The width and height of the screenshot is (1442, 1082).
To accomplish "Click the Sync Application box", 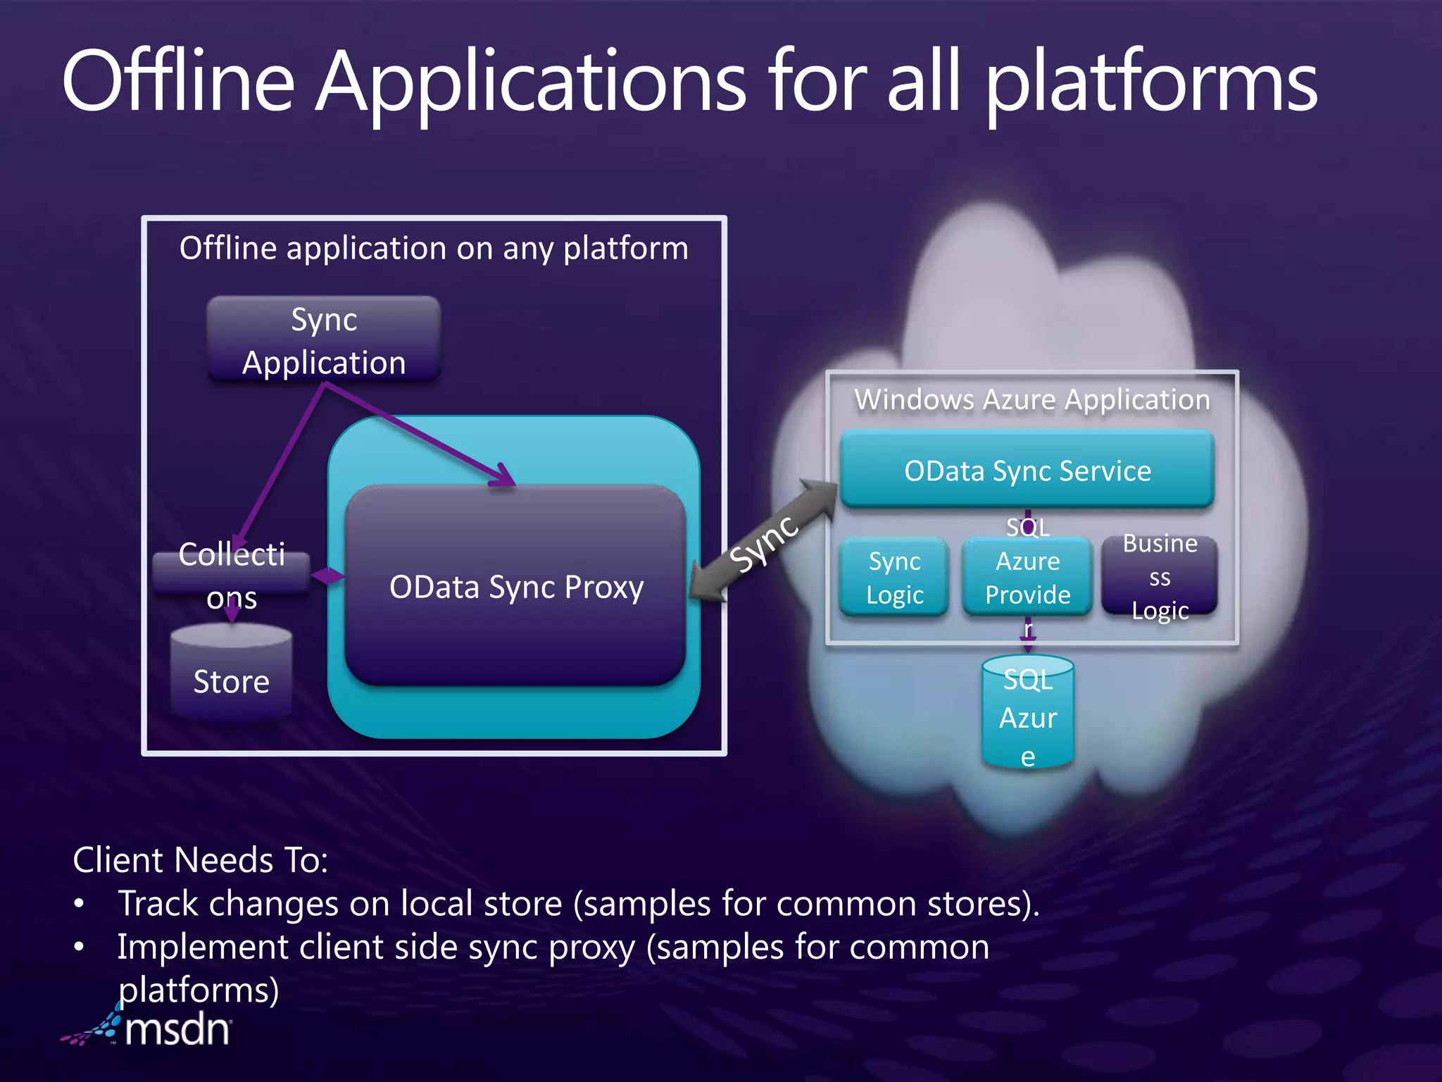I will (x=324, y=340).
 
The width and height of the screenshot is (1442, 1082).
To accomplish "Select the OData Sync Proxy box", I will (x=515, y=586).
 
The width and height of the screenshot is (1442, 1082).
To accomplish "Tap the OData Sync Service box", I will (x=1027, y=470).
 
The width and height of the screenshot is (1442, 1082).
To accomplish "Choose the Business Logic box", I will (x=1160, y=576).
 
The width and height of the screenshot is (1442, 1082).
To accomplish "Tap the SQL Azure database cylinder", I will (x=1027, y=715).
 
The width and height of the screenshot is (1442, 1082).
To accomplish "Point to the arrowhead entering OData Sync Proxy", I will (x=504, y=477).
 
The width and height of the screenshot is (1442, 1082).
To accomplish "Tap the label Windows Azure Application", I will (x=1032, y=399).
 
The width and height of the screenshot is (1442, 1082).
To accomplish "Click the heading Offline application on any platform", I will (x=434, y=248).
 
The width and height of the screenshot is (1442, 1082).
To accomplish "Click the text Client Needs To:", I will (x=201, y=860).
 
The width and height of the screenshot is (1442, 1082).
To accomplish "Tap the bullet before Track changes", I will (x=80, y=904).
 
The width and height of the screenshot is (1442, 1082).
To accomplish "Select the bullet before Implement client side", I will (x=80, y=947).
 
